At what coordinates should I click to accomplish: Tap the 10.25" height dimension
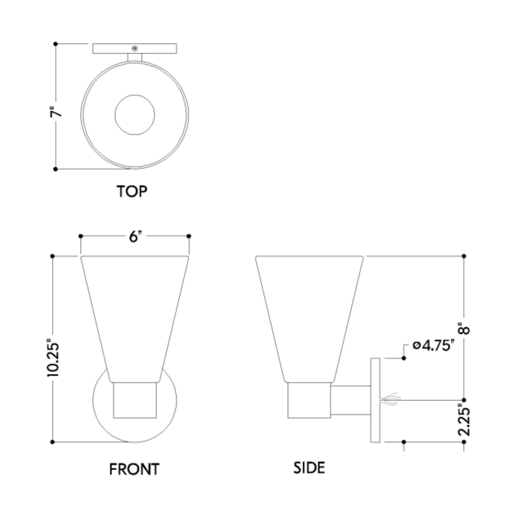[53, 358]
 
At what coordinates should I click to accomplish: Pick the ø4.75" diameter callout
[433, 346]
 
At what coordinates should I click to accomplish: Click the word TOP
[132, 191]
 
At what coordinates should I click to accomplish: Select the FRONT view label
[134, 469]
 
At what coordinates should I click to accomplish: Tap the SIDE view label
[309, 468]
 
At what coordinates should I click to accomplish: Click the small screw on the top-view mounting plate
[135, 48]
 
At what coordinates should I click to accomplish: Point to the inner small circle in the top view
[135, 115]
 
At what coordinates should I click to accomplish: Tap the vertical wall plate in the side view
[375, 400]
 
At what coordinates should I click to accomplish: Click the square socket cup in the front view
[135, 400]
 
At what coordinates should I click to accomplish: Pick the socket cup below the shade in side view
[309, 400]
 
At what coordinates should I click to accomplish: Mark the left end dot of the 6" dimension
[81, 236]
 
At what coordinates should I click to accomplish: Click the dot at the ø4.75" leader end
[404, 358]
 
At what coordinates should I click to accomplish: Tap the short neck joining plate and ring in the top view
[135, 57]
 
